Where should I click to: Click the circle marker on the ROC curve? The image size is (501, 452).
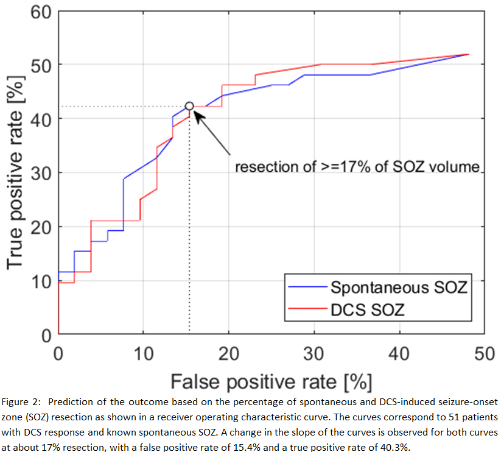[189, 106]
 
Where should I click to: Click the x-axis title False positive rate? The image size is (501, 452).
[270, 382]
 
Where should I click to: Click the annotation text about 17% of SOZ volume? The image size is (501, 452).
[357, 166]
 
